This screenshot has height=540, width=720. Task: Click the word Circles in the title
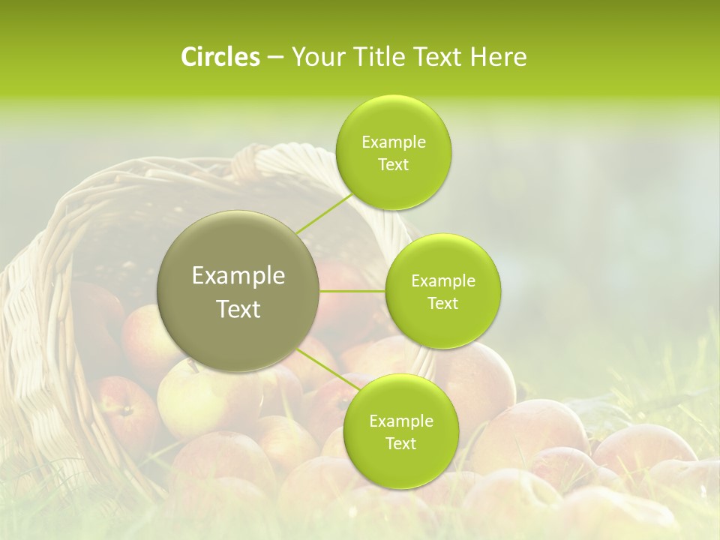[220, 57]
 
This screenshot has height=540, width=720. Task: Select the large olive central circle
[238, 292]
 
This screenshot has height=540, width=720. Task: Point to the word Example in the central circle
[238, 276]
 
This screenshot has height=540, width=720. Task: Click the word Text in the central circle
[238, 309]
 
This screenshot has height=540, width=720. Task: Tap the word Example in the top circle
[394, 142]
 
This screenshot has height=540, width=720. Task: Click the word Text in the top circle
[393, 165]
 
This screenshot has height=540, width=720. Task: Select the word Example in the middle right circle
[443, 281]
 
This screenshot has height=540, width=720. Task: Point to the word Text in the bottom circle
[400, 444]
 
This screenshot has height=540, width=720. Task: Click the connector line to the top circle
[323, 214]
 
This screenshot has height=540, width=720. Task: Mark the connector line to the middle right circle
[352, 291]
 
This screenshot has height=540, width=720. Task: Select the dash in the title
[274, 58]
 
